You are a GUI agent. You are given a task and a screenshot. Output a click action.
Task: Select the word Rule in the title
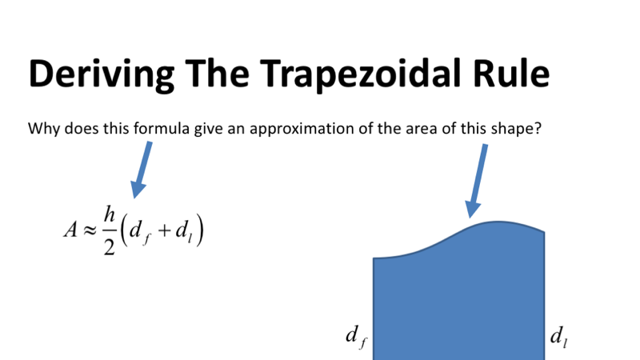tap(506, 74)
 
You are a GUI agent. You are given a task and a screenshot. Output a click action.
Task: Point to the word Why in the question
tap(42, 128)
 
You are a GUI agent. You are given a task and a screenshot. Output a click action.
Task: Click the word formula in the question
tap(162, 128)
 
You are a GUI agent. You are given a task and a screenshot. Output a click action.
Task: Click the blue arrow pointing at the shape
tap(478, 180)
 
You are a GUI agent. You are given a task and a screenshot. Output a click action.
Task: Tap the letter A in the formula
tap(70, 230)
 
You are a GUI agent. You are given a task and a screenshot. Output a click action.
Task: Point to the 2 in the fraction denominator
tap(110, 245)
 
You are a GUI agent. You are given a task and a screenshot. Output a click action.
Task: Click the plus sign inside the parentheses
tap(166, 231)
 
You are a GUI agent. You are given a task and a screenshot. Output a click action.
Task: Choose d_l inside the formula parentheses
tap(186, 231)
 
